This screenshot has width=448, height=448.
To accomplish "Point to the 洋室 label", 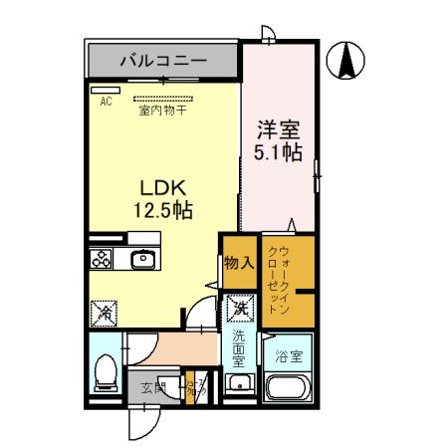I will pyautogui.click(x=279, y=129).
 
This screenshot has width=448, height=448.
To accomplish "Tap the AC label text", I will pyautogui.click(x=105, y=101).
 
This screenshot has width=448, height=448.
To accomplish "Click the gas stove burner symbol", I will pyautogui.click(x=103, y=260).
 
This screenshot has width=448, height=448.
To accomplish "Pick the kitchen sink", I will pyautogui.click(x=141, y=260).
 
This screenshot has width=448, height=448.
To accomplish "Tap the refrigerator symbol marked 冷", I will pyautogui.click(x=103, y=312).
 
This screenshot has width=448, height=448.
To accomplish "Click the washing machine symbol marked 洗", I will pyautogui.click(x=239, y=310).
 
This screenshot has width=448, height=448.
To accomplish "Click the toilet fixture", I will pyautogui.click(x=103, y=373).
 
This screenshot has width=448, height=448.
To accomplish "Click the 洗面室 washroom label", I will pyautogui.click(x=239, y=349).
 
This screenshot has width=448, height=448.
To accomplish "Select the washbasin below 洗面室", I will pyautogui.click(x=238, y=385).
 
